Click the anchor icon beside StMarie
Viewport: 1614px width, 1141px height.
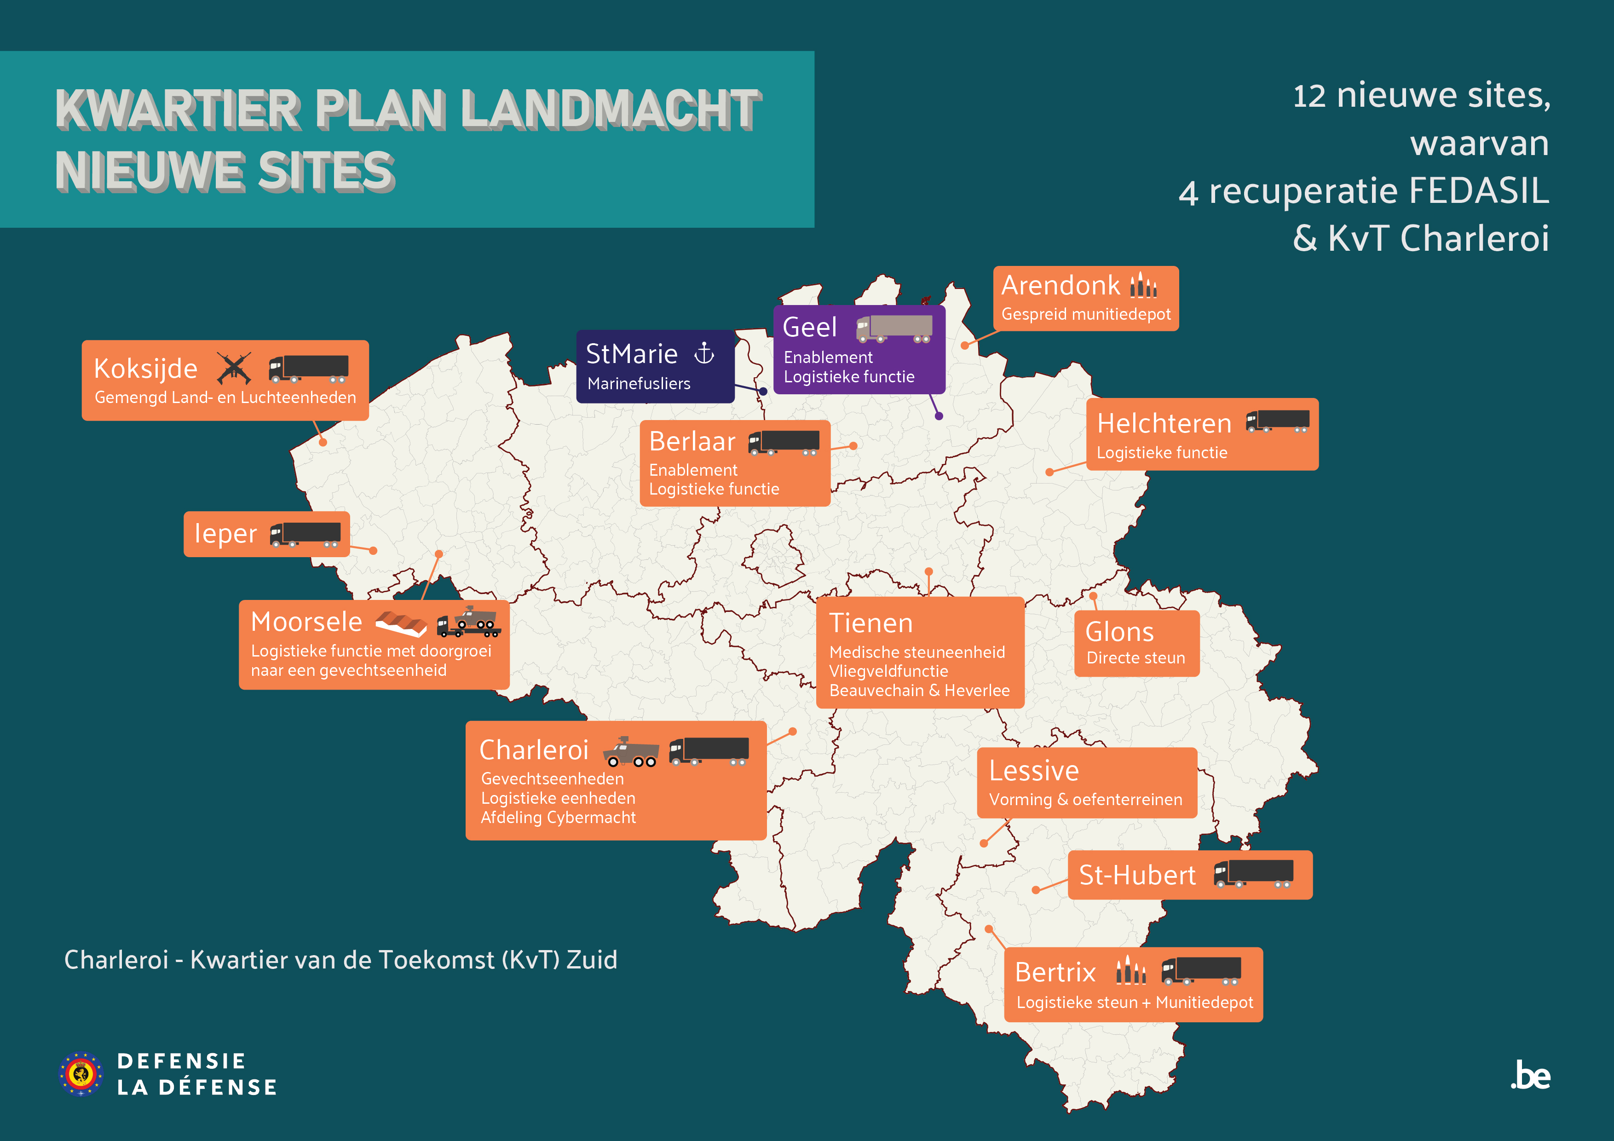(x=703, y=353)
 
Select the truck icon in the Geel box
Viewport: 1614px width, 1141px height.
(x=894, y=328)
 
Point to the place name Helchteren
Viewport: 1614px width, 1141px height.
(x=1164, y=424)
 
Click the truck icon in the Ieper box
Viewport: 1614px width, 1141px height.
(x=306, y=534)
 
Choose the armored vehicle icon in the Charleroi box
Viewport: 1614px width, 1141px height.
(x=631, y=751)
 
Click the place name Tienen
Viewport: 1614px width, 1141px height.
(x=870, y=623)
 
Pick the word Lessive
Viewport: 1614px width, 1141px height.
(x=1033, y=771)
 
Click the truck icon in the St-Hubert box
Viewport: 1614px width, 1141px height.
(x=1253, y=874)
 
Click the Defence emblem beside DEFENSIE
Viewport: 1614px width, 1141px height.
(x=81, y=1073)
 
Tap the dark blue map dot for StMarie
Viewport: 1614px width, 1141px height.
(x=763, y=392)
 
